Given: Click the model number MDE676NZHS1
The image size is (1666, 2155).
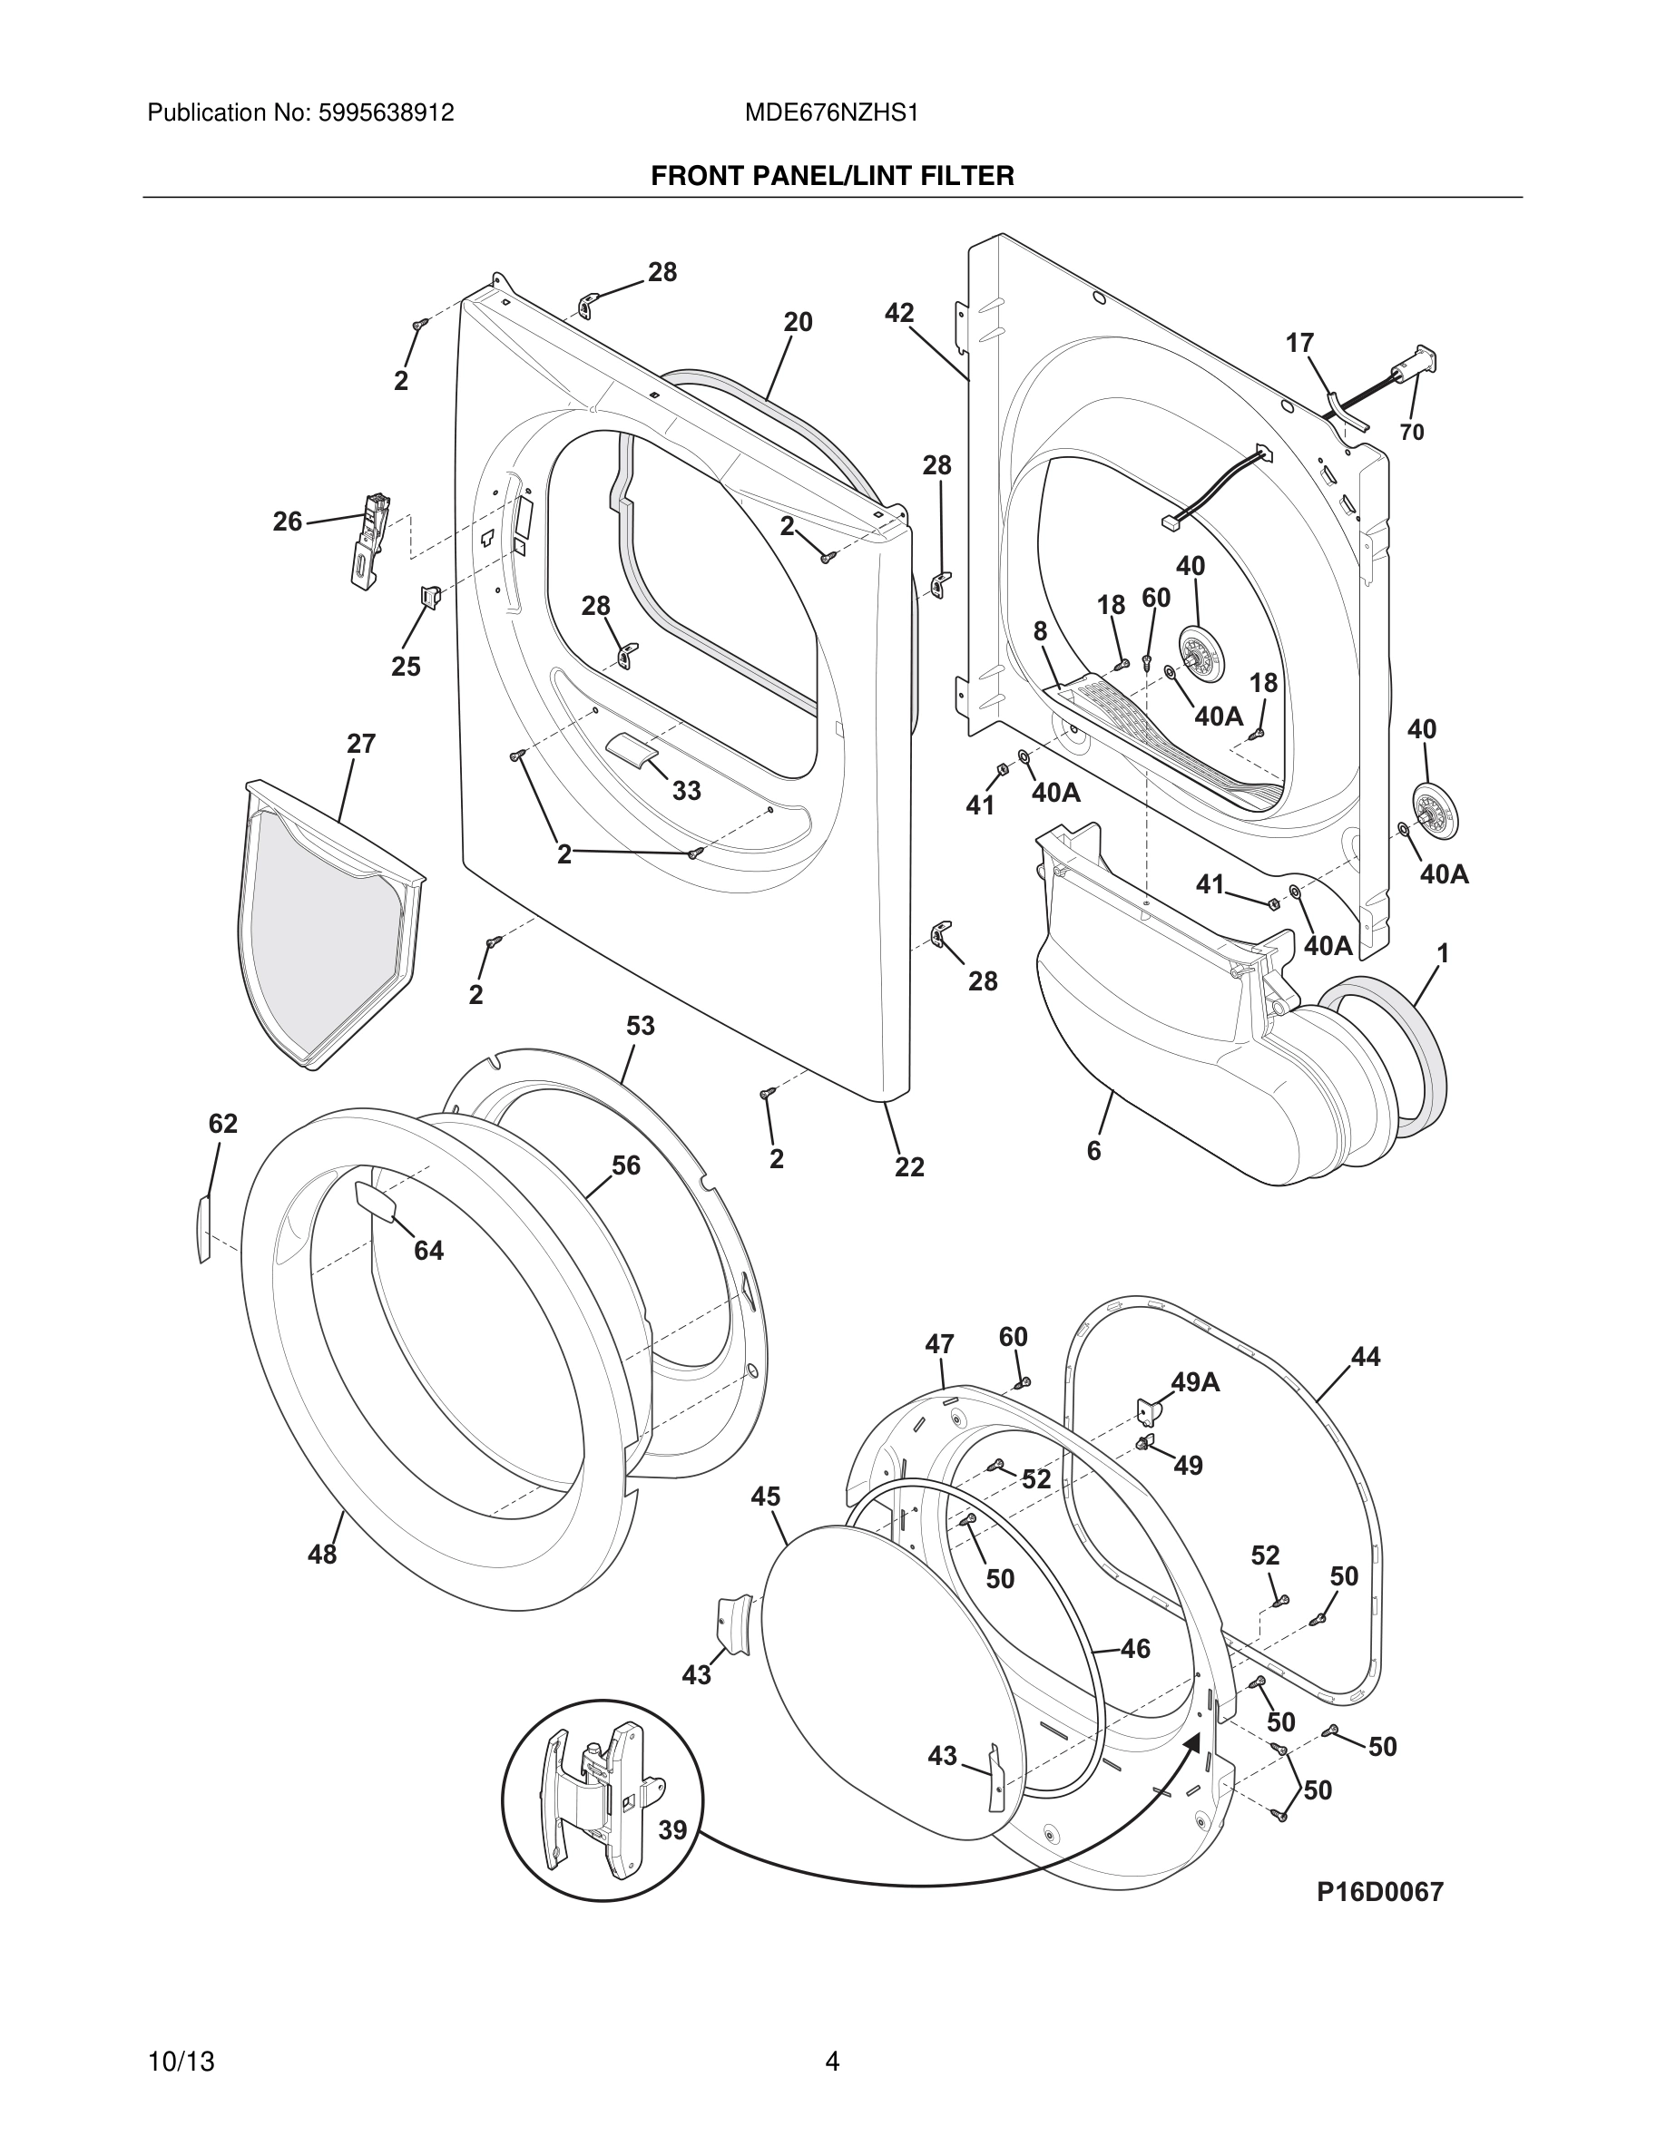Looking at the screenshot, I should [831, 112].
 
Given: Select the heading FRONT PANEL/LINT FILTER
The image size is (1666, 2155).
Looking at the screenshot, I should [832, 176].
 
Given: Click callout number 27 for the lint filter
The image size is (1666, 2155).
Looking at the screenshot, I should [361, 743].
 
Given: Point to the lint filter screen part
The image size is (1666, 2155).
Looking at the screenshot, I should [326, 928].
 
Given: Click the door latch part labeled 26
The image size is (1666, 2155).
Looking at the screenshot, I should [370, 541].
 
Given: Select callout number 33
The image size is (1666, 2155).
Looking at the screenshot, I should [687, 789].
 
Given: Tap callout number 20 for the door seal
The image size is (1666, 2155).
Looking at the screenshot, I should [798, 322].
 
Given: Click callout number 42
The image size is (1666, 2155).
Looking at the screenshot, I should [899, 313].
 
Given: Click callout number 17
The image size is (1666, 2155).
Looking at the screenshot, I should [1299, 343].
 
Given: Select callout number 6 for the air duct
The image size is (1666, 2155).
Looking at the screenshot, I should [1093, 1151].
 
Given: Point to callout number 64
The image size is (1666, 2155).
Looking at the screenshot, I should [428, 1250].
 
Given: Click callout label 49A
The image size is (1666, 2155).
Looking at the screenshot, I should [1195, 1382].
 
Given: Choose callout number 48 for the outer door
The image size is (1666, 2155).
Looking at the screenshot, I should [323, 1554].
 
